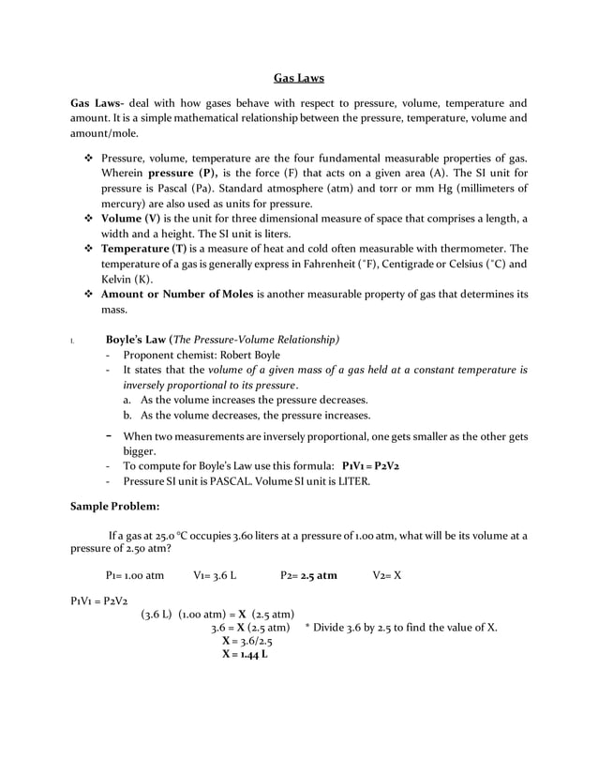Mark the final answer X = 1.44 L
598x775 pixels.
[244, 654]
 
